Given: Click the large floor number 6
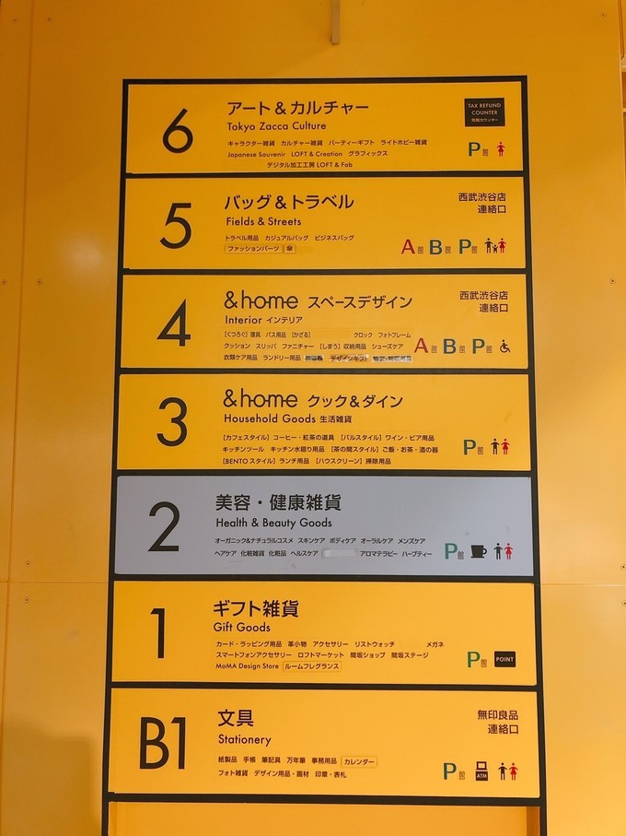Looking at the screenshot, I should pos(178,131).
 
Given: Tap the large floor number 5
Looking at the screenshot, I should pos(176,226).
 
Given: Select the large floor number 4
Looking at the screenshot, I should pos(174,324).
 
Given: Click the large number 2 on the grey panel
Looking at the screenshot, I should pos(164,527).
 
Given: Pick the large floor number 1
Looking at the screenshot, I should pos(159,633).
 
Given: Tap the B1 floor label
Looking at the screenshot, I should pos(162,743).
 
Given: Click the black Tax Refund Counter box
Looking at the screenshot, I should pos(484,113).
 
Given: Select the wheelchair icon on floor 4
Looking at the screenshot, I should pos(504,347).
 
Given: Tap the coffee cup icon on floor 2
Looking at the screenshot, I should pos(479,550).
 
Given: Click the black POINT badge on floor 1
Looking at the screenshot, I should pos(504,659).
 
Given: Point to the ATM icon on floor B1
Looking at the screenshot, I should pos(481,771).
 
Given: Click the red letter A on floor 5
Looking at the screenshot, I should pos(408,246).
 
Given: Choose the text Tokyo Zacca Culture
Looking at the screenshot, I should pos(276,126).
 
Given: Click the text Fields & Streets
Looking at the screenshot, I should pos(263,222).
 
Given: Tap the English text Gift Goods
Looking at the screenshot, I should pos(242,628).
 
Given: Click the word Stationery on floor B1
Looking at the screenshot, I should pos(245,739).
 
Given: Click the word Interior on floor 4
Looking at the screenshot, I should pos(243,319).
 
